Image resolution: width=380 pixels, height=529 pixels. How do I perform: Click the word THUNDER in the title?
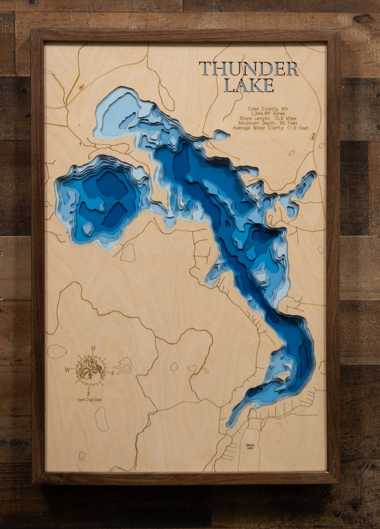point(249,69)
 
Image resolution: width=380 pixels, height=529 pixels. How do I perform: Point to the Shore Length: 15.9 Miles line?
point(268,118)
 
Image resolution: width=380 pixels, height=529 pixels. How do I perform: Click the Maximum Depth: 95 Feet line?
point(268,123)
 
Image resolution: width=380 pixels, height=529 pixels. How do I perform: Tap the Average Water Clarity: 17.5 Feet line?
point(271,128)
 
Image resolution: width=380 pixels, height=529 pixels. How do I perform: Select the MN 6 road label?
point(314,137)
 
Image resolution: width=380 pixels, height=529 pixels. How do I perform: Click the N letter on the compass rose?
point(93,348)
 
